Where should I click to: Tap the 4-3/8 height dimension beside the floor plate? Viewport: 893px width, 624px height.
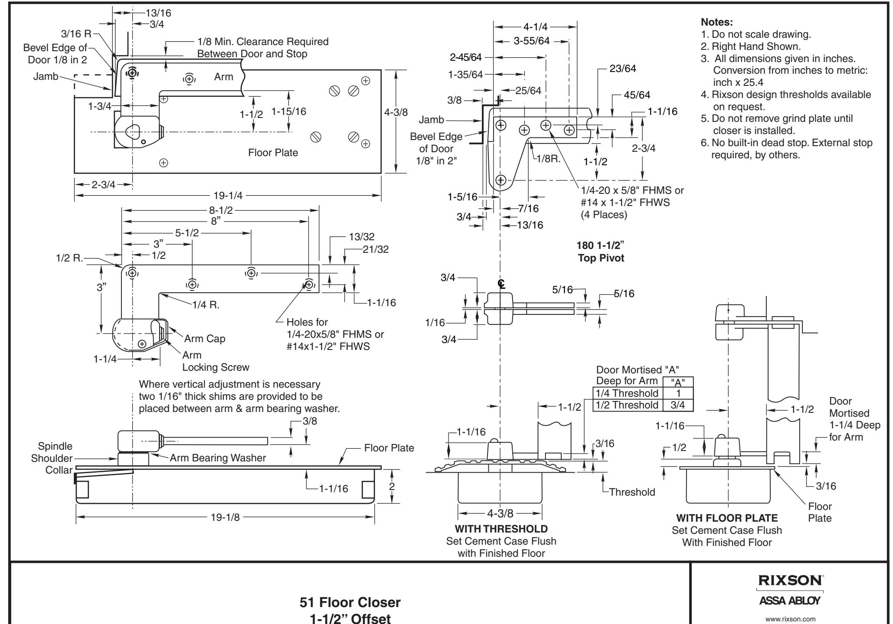click(396, 112)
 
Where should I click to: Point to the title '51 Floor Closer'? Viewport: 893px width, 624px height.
click(350, 602)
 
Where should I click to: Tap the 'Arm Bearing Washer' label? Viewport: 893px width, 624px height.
click(218, 458)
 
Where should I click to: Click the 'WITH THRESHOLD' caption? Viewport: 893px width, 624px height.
click(501, 529)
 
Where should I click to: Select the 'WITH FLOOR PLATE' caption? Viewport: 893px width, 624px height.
click(727, 518)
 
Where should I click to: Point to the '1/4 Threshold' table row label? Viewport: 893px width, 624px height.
click(625, 393)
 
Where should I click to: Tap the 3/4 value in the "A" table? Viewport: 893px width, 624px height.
click(678, 405)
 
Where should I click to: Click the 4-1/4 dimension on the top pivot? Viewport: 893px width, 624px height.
click(536, 27)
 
